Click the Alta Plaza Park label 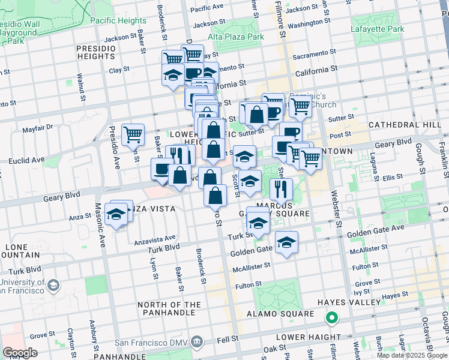point(236,37)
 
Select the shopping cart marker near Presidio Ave point(133,134)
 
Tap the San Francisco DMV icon point(196,343)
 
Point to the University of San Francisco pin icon point(53,284)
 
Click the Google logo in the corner point(20,352)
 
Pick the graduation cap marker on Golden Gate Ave point(287,242)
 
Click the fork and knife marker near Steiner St point(280,189)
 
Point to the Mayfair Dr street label point(38,127)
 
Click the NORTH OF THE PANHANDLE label point(169,308)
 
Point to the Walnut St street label point(80,86)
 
